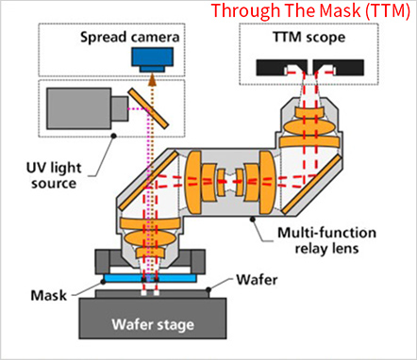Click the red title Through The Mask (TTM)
click(310, 10)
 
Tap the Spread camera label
click(130, 37)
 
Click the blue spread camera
click(153, 59)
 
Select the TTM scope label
click(309, 38)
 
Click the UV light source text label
click(54, 175)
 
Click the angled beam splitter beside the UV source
click(148, 107)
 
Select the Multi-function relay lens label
click(326, 240)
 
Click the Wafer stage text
click(153, 324)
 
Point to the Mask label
click(49, 296)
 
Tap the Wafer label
click(257, 279)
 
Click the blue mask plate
click(150, 278)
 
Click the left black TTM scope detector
click(281, 67)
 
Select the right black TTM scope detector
click(339, 67)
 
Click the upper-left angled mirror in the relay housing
click(148, 180)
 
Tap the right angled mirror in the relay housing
click(310, 185)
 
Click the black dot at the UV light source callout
click(114, 136)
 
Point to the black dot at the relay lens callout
click(252, 220)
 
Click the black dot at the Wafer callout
click(208, 289)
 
